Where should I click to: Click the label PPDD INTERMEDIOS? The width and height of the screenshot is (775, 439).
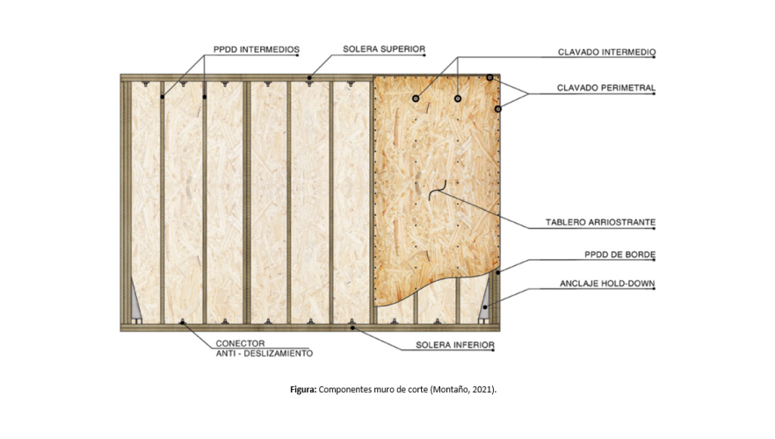pos(256,49)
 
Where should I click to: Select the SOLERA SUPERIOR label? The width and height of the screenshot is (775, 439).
pos(384,49)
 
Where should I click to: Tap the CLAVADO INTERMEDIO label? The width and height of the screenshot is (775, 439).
pos(605,53)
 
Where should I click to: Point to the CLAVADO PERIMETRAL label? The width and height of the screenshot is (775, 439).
pos(605,88)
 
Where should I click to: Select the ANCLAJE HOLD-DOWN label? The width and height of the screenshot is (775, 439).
pos(607,284)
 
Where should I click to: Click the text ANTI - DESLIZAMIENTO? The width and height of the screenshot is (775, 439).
pos(264,353)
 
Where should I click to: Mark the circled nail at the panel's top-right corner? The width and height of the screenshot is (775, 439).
pos(490,78)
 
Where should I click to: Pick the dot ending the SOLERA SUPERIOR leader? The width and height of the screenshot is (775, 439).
pos(309,79)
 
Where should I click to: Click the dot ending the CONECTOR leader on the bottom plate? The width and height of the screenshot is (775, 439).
pos(183,323)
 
